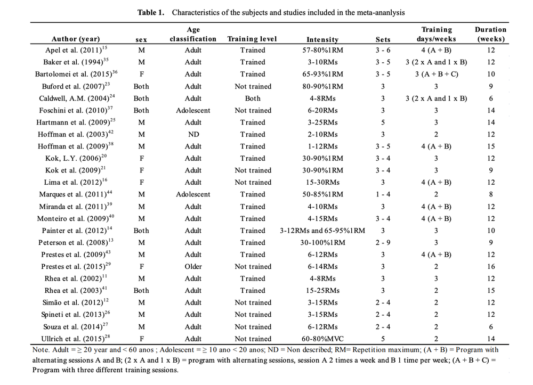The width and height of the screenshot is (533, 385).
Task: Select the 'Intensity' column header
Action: tap(322, 39)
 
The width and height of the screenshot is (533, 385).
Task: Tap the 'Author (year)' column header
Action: tap(76, 39)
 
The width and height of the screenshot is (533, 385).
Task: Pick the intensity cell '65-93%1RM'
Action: tap(322, 74)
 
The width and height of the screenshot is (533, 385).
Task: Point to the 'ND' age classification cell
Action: tap(193, 134)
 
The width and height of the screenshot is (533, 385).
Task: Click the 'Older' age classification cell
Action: tap(193, 266)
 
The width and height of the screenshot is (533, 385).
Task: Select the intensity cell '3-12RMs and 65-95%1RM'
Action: tap(322, 231)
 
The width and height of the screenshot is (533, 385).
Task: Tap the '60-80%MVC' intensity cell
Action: tap(322, 339)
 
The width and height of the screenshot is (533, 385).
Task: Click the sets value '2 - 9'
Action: tap(383, 242)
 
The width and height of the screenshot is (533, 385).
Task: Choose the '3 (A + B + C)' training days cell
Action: tap(436, 74)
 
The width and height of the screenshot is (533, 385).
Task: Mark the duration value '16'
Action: tap(491, 266)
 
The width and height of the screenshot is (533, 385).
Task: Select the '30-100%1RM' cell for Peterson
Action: tap(322, 242)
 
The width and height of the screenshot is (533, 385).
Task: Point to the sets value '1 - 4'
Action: tap(383, 194)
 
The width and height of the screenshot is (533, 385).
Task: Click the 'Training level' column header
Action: tap(252, 39)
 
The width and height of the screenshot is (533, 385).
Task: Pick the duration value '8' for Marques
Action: tap(491, 194)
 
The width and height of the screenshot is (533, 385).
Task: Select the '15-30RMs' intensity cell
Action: tap(322, 182)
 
